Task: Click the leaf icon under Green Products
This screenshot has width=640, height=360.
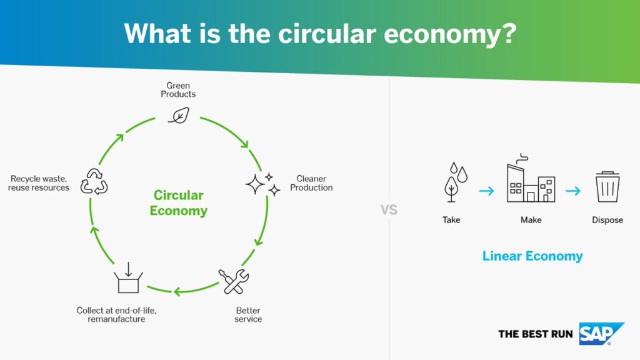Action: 179,116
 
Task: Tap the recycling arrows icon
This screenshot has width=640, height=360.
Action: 94,182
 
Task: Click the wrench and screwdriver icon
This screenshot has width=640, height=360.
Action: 234,281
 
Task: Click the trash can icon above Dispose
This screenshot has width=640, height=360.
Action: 607,187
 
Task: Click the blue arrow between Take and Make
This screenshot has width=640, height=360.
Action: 486,191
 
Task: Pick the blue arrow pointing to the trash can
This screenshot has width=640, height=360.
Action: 573,191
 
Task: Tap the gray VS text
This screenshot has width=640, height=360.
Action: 389,210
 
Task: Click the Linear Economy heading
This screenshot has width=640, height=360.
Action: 532,256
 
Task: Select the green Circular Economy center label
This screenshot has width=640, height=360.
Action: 178,203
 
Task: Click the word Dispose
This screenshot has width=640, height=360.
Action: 607,220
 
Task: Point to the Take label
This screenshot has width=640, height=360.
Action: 451,220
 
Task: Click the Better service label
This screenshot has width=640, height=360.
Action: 248,315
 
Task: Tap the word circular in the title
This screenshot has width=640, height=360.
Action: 327,34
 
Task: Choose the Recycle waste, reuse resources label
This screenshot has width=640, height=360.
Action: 39,183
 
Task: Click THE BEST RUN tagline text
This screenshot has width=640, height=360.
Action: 536,334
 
